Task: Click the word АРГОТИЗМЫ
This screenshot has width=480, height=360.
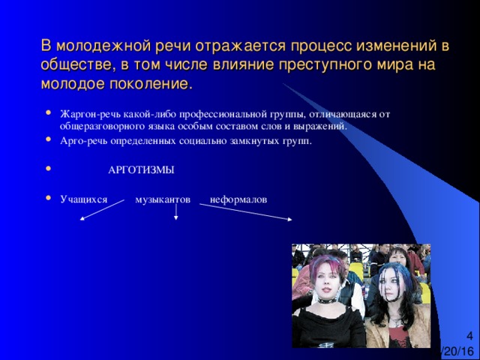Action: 141,170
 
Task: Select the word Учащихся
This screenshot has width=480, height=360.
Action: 84,199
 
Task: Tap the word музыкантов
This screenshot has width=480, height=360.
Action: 163,199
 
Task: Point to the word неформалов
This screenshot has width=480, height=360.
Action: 238,199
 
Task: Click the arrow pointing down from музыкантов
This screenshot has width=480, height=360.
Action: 176,211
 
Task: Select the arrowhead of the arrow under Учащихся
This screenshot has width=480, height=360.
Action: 82,218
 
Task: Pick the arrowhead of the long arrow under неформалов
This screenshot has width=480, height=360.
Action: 289,219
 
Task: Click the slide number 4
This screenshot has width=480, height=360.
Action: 469,336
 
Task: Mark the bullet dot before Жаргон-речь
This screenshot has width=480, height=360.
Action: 48,112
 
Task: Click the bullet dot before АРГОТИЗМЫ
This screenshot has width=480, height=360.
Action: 48,168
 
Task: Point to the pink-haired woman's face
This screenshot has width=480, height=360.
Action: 325,283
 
